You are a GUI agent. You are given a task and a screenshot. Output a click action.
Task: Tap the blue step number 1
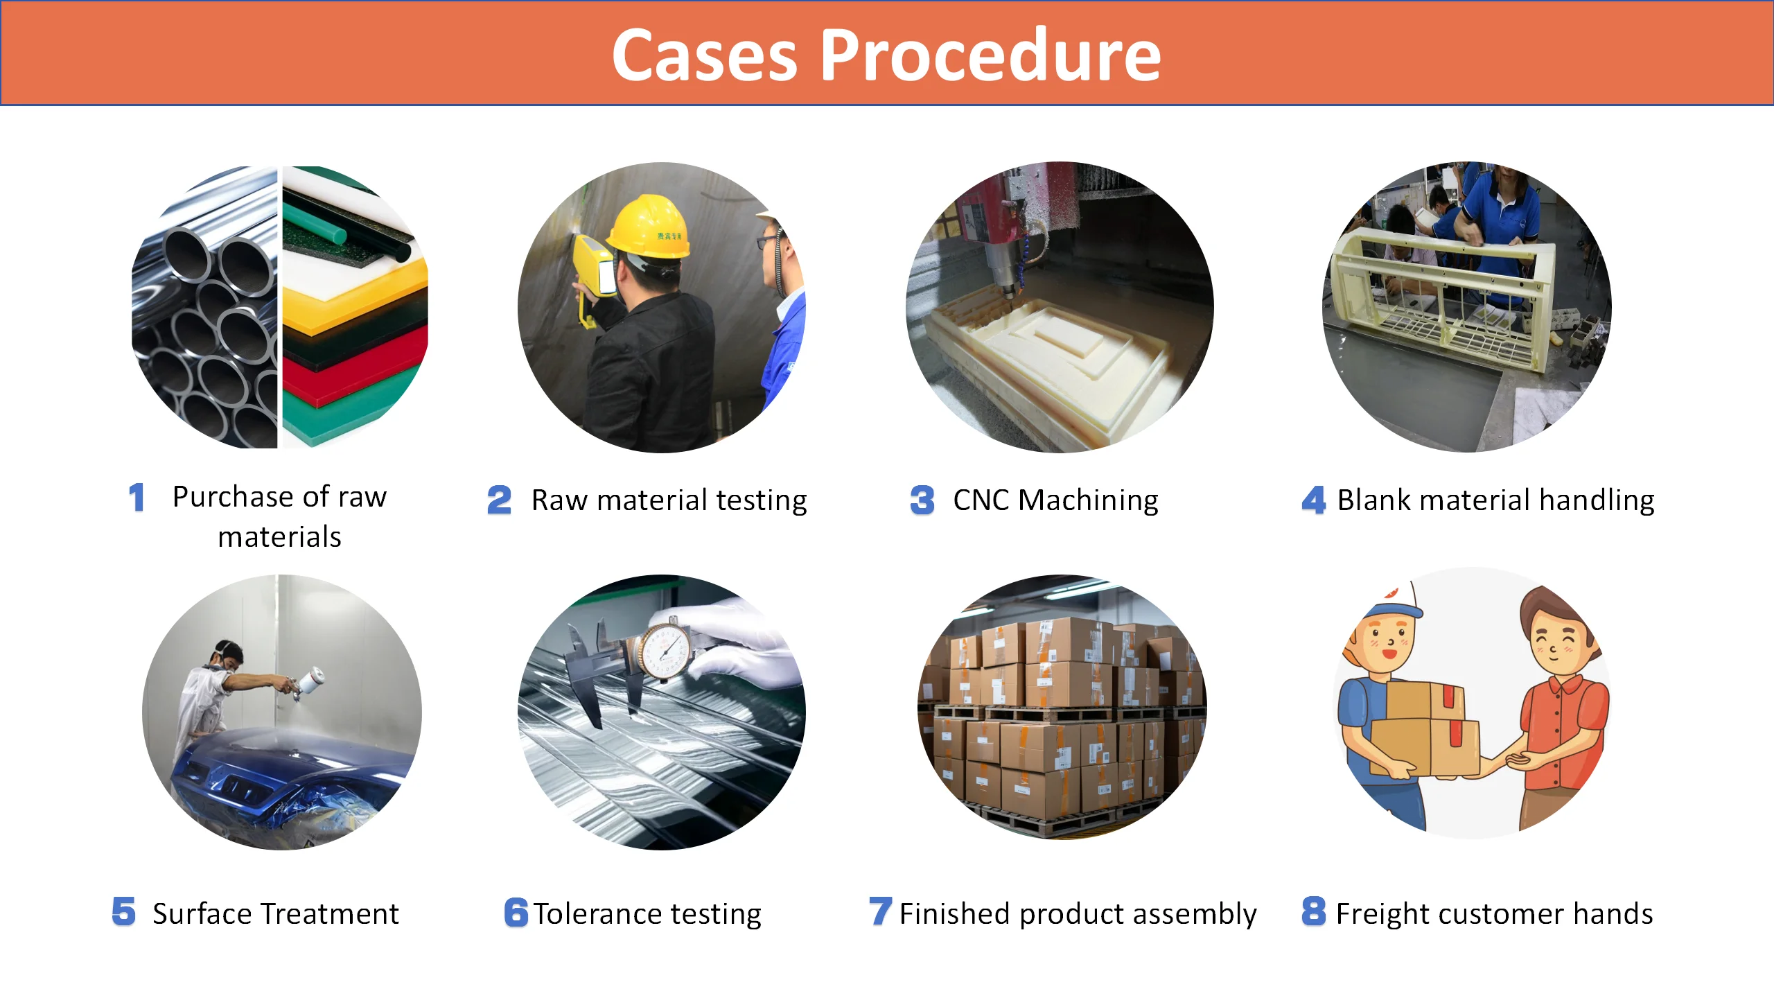pyautogui.click(x=137, y=498)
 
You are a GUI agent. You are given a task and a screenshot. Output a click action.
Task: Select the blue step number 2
pyautogui.click(x=499, y=500)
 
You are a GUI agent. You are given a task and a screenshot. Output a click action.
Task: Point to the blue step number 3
pyautogui.click(x=922, y=500)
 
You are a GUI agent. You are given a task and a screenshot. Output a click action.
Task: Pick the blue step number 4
pyautogui.click(x=1313, y=500)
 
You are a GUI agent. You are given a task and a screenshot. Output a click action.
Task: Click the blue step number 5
pyautogui.click(x=124, y=911)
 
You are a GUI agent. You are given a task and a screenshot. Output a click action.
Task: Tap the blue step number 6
pyautogui.click(x=516, y=912)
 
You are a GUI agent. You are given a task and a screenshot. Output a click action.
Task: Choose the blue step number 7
pyautogui.click(x=880, y=911)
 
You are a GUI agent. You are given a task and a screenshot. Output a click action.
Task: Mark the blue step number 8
pyautogui.click(x=1313, y=911)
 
